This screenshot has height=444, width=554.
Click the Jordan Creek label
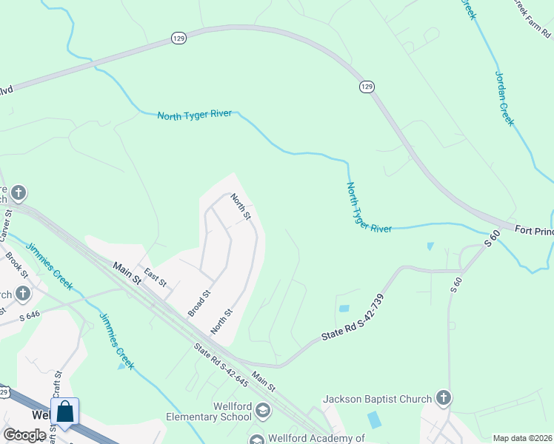pos(504,99)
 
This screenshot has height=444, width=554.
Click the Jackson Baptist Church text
pos(377,400)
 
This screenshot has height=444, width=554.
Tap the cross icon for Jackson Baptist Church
pos(443,399)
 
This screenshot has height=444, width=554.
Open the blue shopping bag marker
pos(65,412)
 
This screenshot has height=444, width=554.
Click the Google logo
pos(24,435)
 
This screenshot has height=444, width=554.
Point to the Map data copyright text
pos(523,438)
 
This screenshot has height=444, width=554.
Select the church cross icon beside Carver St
pos(19,194)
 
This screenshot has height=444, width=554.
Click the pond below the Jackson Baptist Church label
pos(376,420)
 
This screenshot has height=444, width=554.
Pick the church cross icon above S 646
pos(22,294)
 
